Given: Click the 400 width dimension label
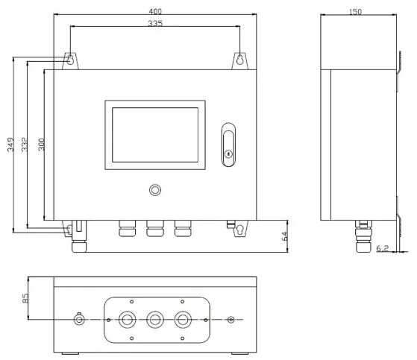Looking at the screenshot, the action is pyautogui.click(x=155, y=11).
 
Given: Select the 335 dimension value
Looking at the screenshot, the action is pyautogui.click(x=155, y=23).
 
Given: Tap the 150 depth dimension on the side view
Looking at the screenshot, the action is pyautogui.click(x=355, y=12).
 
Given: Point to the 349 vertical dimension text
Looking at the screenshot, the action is pyautogui.click(x=10, y=145).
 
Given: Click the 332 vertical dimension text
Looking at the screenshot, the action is pyautogui.click(x=24, y=145).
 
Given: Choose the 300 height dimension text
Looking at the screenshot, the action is pyautogui.click(x=41, y=145).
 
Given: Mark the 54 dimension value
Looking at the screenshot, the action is pyautogui.click(x=284, y=236).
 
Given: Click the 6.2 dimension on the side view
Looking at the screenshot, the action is pyautogui.click(x=383, y=248).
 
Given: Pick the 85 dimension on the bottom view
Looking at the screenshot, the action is pyautogui.click(x=25, y=298).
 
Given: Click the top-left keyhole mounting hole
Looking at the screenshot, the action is pyautogui.click(x=70, y=60).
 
